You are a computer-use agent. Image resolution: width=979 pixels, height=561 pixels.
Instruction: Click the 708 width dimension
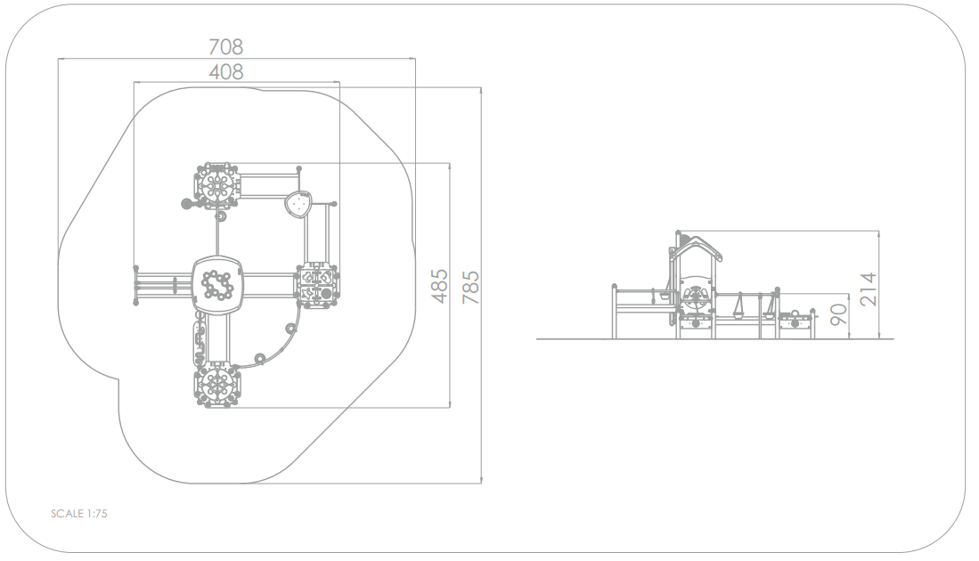click(x=225, y=47)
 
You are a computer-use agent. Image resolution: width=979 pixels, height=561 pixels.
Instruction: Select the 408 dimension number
click(x=225, y=72)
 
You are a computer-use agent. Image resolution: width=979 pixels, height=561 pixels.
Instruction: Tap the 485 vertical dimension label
click(x=440, y=286)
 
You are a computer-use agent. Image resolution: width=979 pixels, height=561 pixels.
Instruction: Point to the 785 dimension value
click(x=470, y=287)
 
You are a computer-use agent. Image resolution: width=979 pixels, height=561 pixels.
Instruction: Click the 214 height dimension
click(x=868, y=289)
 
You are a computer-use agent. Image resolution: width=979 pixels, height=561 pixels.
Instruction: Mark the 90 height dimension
click(x=838, y=313)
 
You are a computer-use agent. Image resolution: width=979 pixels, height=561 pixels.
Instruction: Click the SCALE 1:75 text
click(x=79, y=514)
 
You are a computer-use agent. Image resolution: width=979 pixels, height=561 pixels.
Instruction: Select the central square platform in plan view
click(x=216, y=286)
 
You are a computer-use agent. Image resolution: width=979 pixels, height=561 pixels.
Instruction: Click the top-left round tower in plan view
click(x=216, y=185)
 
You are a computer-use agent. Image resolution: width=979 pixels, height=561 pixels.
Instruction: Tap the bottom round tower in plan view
click(x=216, y=386)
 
